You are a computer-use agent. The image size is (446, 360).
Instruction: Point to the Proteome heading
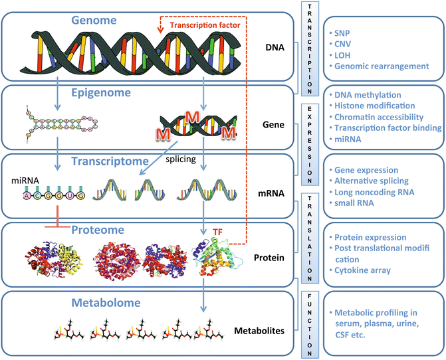tap(89, 229)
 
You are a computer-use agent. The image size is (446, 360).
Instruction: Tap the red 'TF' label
tap(217, 232)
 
